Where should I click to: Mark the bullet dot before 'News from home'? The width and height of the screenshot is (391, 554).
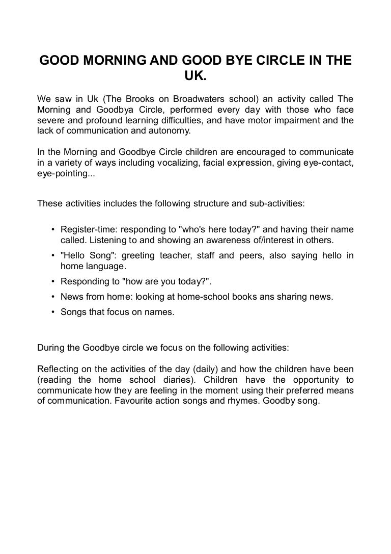(x=53, y=297)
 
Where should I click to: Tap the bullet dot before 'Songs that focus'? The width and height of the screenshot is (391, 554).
(x=53, y=312)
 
